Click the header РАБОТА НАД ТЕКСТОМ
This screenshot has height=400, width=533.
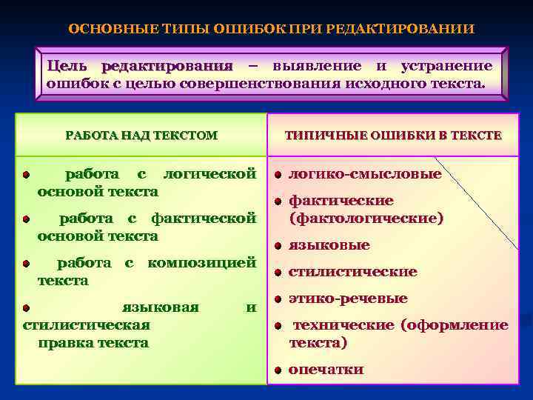[141, 136]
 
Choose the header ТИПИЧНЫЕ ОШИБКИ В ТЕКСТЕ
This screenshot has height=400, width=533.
[393, 136]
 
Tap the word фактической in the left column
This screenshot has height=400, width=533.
[204, 219]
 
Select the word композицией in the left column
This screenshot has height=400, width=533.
[202, 263]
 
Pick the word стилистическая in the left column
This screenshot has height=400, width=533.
[87, 325]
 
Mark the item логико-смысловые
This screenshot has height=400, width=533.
[365, 174]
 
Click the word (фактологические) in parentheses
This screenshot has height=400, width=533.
[366, 219]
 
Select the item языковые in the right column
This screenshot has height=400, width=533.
[329, 245]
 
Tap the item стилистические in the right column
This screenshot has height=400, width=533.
[352, 272]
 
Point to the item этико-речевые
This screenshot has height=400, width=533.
[347, 299]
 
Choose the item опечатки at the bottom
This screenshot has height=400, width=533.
[326, 370]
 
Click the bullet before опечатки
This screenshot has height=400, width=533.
[276, 370]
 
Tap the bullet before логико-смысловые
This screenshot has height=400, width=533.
[276, 175]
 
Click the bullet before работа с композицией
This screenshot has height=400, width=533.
[25, 264]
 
